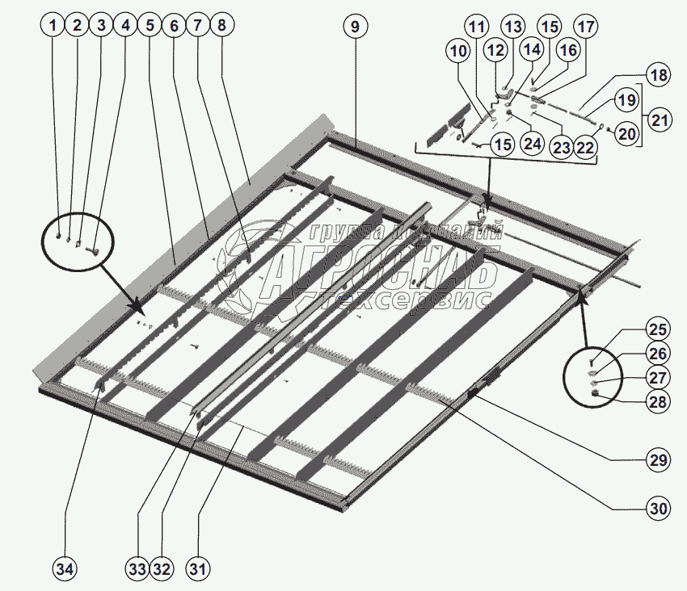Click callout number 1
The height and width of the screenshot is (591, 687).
(53, 26)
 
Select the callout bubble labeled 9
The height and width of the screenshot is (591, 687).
(354, 26)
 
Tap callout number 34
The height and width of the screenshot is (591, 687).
(65, 568)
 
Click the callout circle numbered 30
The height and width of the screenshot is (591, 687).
(658, 509)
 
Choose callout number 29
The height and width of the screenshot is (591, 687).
(658, 460)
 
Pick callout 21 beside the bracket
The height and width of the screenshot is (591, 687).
(661, 121)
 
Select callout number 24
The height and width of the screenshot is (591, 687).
(531, 145)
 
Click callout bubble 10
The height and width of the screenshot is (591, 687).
(459, 51)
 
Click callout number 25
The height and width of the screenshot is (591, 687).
(658, 329)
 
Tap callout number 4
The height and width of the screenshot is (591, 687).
(124, 26)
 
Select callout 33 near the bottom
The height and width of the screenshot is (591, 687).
(137, 568)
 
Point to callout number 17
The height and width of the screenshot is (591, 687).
(586, 27)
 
